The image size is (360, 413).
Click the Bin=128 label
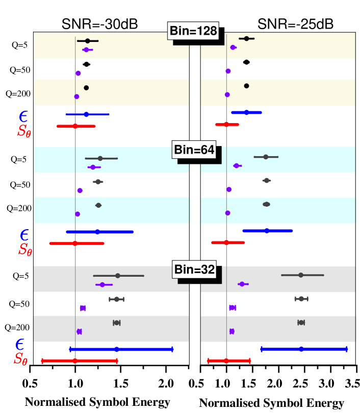193,31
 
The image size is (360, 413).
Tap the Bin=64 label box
194,150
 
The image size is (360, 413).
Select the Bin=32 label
194,270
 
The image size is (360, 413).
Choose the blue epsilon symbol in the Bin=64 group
24,235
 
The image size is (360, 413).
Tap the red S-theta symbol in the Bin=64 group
25,249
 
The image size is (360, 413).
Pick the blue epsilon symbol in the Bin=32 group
20,345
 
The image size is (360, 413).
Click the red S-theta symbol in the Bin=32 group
20,359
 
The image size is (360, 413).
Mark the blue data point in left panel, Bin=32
117,349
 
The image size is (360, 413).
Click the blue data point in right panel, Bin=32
301,349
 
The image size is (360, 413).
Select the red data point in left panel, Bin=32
75,361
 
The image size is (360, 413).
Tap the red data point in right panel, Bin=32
226,361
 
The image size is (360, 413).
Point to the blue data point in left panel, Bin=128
86,114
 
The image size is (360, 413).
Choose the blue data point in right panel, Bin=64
267,231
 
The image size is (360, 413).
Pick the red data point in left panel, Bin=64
75,243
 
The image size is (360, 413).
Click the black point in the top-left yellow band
87,41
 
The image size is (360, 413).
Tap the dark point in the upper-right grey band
301,275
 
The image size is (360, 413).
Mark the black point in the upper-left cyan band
100,158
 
